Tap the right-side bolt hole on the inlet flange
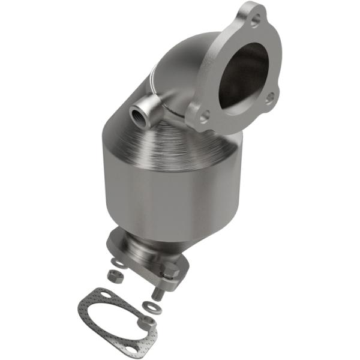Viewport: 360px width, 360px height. (271, 95)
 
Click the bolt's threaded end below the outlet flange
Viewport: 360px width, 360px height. (158, 294)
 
